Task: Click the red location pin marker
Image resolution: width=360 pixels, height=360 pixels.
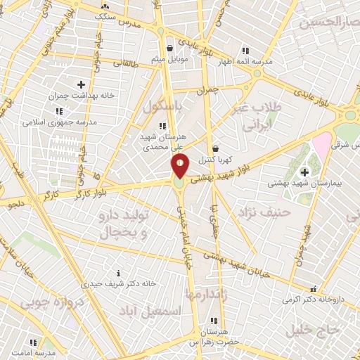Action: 180,166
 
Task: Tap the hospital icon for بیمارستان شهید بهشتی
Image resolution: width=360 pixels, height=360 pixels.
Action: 304,172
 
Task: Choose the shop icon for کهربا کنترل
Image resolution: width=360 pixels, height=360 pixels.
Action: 215,148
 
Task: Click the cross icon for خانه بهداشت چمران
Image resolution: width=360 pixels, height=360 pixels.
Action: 81,84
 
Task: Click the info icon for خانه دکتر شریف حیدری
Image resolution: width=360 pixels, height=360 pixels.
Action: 118,273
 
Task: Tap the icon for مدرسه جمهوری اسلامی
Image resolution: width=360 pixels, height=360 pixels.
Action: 58,111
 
